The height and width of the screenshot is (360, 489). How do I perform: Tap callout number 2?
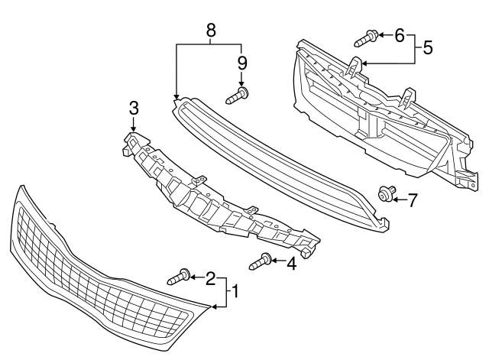[x=210, y=279]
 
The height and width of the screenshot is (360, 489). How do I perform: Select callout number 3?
[x=134, y=106]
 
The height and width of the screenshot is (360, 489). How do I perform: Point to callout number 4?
[x=290, y=264]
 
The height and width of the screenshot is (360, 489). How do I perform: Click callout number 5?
[x=427, y=47]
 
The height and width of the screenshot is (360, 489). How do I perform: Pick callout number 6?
[x=399, y=34]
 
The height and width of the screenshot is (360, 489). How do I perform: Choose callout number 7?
[x=412, y=200]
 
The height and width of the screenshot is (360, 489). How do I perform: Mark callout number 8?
[x=211, y=31]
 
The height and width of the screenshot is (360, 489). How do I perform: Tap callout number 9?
[x=241, y=62]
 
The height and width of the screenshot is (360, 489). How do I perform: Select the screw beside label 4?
[x=261, y=262]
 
